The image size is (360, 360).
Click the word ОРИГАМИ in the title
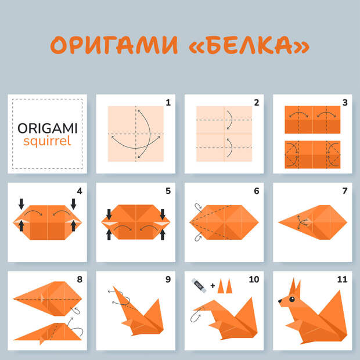[x=114, y=45]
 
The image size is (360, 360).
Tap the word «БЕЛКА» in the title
[x=249, y=45]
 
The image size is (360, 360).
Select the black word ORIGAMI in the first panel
[x=48, y=128]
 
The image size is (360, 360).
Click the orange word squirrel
[x=47, y=141]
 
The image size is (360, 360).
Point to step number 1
[x=168, y=103]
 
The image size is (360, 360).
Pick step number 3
[x=345, y=103]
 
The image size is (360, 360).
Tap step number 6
[x=257, y=191]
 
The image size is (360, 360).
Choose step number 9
[x=168, y=279]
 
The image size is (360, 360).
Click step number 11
[x=342, y=279]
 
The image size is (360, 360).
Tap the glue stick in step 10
[x=199, y=285]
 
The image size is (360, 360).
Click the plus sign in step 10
[x=213, y=286]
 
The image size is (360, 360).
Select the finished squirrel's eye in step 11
[x=292, y=299]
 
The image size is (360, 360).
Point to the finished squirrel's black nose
[x=280, y=301]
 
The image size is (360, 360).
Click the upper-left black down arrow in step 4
[x=21, y=204]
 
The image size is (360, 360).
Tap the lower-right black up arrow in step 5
[x=163, y=235]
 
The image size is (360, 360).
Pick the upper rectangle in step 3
[x=312, y=120]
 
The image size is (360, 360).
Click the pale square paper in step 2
[x=224, y=134]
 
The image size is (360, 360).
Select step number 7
[x=345, y=191]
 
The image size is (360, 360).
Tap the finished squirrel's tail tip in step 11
[x=340, y=291]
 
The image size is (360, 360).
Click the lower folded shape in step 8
[x=48, y=333]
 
